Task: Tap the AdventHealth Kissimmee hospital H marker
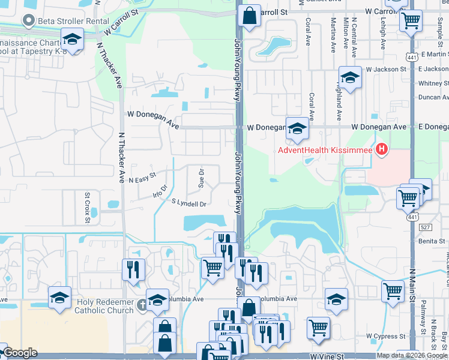click(x=380, y=149)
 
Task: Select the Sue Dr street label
click(x=202, y=176)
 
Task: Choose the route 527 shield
click(x=426, y=227)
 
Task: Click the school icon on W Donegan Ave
click(x=297, y=128)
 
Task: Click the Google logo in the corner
click(x=20, y=353)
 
